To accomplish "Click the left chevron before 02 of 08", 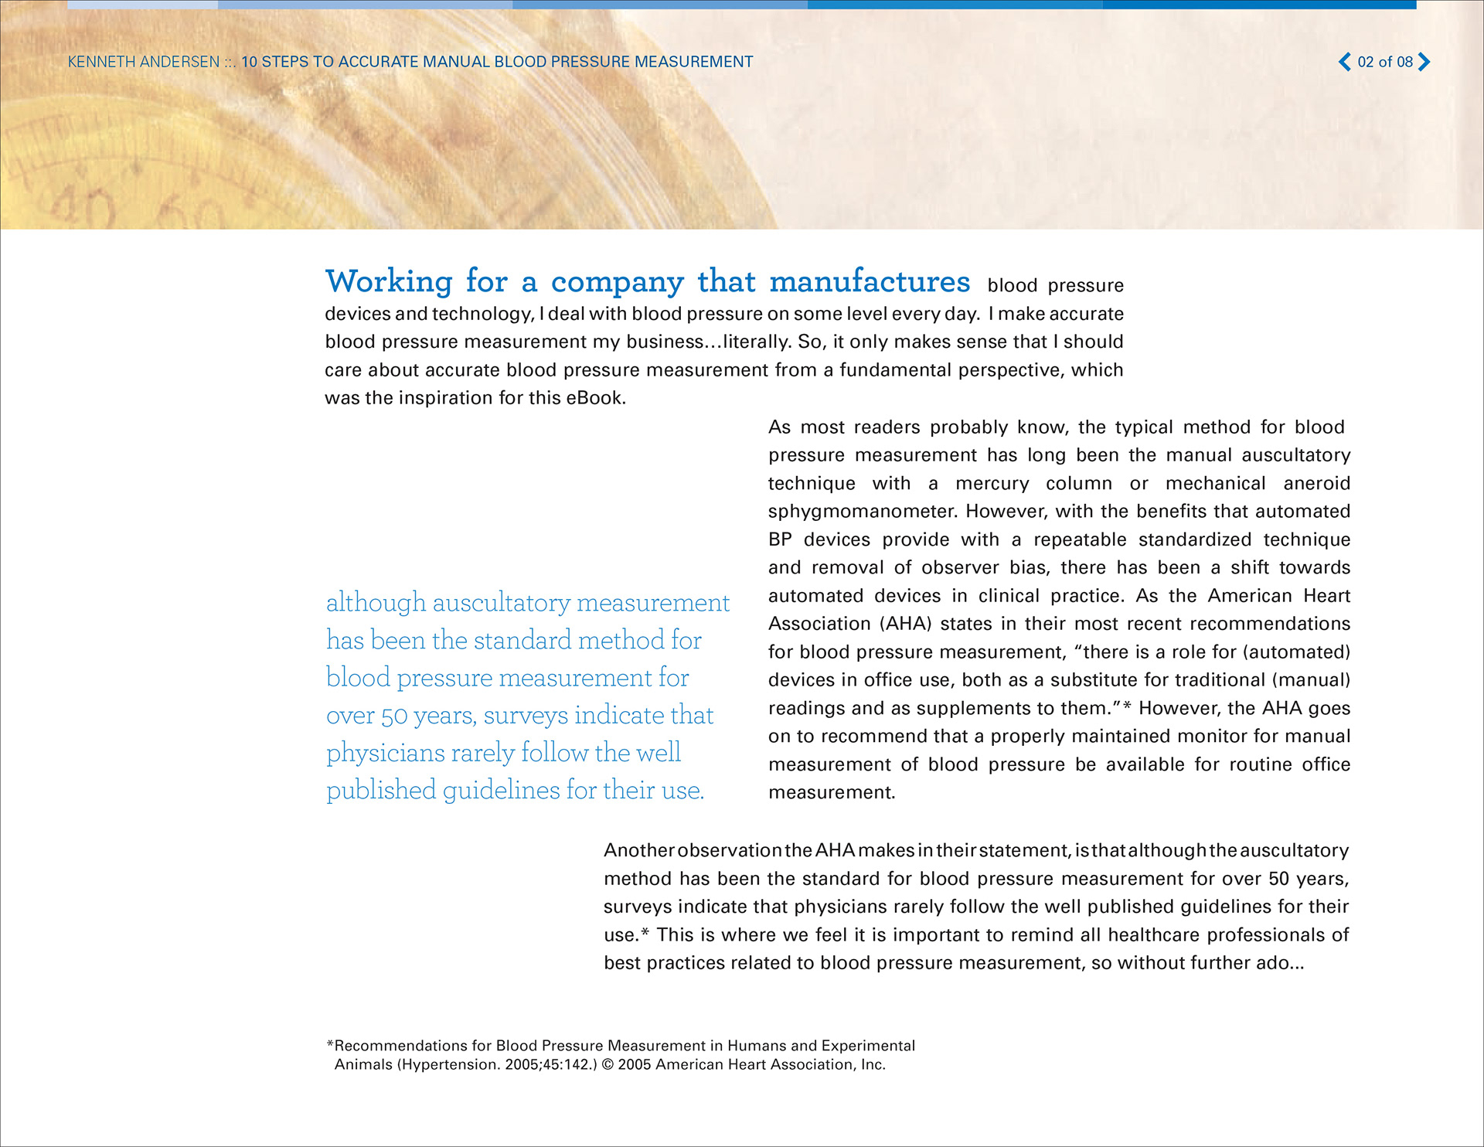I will pos(1345,62).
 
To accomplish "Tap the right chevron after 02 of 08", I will pos(1424,62).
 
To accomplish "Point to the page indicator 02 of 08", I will pos(1385,62).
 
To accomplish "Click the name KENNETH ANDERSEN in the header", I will pos(144,62).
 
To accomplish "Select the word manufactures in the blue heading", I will pos(870,281).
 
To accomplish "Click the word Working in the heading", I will pos(389,281).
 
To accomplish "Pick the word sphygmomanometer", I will pos(862,512).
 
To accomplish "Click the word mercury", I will pos(992,484).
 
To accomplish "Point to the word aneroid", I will pos(1316,484).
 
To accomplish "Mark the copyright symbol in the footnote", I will pos(608,1065).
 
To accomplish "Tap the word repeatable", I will pos(1080,539).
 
